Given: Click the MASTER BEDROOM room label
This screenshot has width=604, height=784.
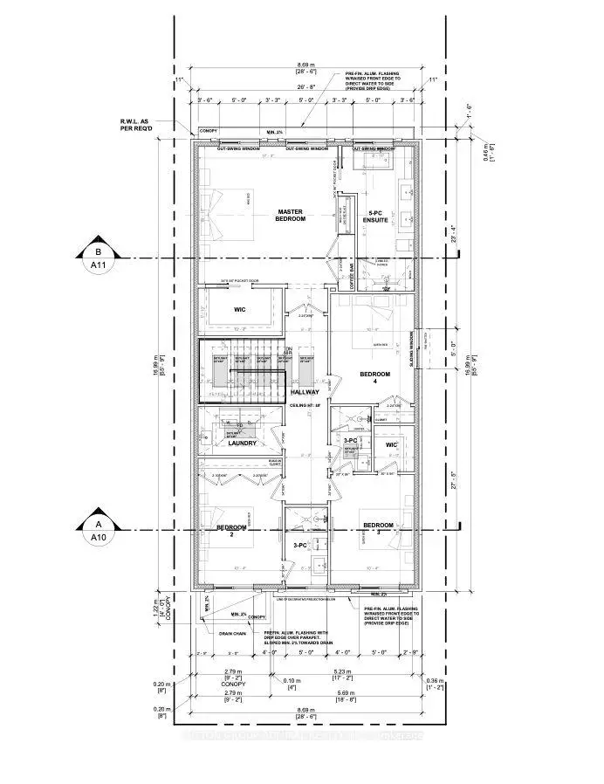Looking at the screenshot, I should click(x=291, y=215).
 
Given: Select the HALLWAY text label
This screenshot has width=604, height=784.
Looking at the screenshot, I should click(x=305, y=392).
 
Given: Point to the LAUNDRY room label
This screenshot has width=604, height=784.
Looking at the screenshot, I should click(x=242, y=443).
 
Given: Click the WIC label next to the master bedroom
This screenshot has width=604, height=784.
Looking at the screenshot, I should click(x=241, y=309).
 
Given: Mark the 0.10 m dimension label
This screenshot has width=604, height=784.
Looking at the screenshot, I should click(x=291, y=680).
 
